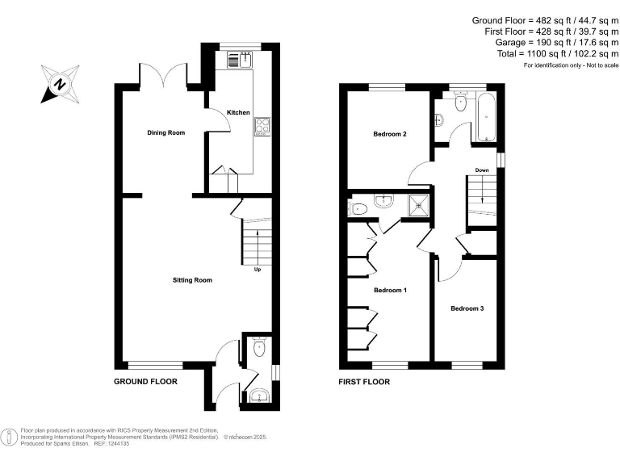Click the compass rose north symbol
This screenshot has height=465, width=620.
pos(58,83)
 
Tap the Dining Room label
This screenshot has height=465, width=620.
pos(165,132)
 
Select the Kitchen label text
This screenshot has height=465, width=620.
pos(238,112)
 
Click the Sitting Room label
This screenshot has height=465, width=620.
pos(192,280)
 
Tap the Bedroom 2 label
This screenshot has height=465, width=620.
pos(389,134)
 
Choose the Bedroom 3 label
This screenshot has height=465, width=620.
pos(467,308)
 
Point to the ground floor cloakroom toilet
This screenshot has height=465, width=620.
pos(258,348)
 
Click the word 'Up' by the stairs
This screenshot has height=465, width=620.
pos(258,270)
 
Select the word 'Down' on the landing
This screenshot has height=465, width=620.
pos(481,170)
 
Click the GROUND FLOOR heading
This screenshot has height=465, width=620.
pos(145,381)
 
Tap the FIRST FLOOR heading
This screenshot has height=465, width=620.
pos(365,381)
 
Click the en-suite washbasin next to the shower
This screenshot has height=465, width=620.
pos(384,202)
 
